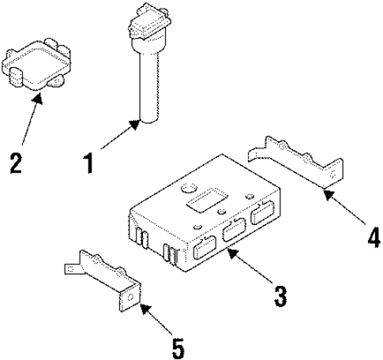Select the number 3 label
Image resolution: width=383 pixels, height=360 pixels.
[x=278, y=295]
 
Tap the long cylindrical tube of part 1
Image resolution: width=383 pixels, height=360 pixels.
[x=148, y=83]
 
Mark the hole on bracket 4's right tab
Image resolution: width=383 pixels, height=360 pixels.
[x=340, y=168]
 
